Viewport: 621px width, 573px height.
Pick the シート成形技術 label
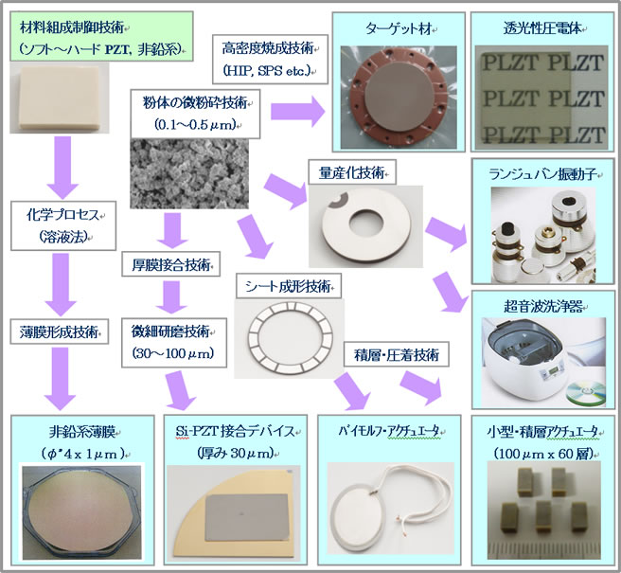click(285, 285)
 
